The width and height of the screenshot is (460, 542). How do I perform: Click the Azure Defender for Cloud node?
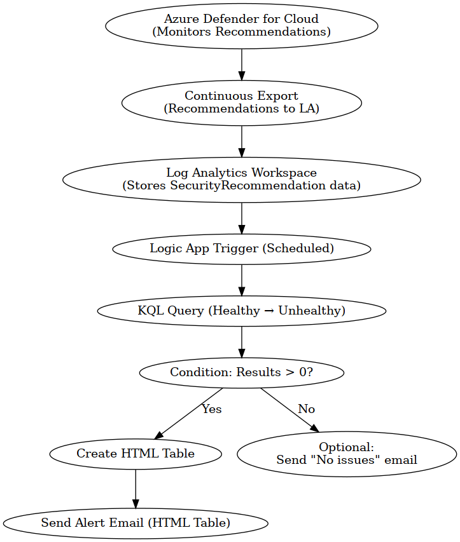tap(242, 26)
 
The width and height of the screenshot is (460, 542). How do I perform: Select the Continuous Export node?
tap(242, 103)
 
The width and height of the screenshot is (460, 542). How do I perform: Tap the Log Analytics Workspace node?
tap(242, 180)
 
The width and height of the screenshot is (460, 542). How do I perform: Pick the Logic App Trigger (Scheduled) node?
tap(242, 249)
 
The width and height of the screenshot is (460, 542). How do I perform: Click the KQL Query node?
tap(242, 311)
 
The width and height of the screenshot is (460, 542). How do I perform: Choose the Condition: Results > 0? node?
tap(242, 372)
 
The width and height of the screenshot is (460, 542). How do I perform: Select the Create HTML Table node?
tap(136, 454)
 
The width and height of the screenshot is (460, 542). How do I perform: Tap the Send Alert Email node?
tap(136, 523)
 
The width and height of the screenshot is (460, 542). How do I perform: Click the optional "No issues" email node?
tap(347, 454)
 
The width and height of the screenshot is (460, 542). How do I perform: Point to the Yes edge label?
tap(211, 409)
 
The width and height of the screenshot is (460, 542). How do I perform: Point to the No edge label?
tap(306, 409)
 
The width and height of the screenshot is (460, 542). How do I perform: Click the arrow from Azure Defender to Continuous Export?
tap(242, 65)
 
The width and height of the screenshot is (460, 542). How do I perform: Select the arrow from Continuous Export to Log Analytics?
tap(242, 141)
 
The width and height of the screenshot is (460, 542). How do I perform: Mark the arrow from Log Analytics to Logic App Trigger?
tap(242, 219)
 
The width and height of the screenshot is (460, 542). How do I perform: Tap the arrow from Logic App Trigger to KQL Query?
tap(242, 280)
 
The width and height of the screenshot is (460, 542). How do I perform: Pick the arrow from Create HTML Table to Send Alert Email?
tap(136, 489)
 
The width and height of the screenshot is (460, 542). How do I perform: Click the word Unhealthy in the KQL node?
tap(312, 311)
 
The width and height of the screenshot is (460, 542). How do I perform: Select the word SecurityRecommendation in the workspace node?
tap(248, 186)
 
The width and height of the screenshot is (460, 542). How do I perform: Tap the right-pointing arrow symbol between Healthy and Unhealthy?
tap(269, 311)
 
